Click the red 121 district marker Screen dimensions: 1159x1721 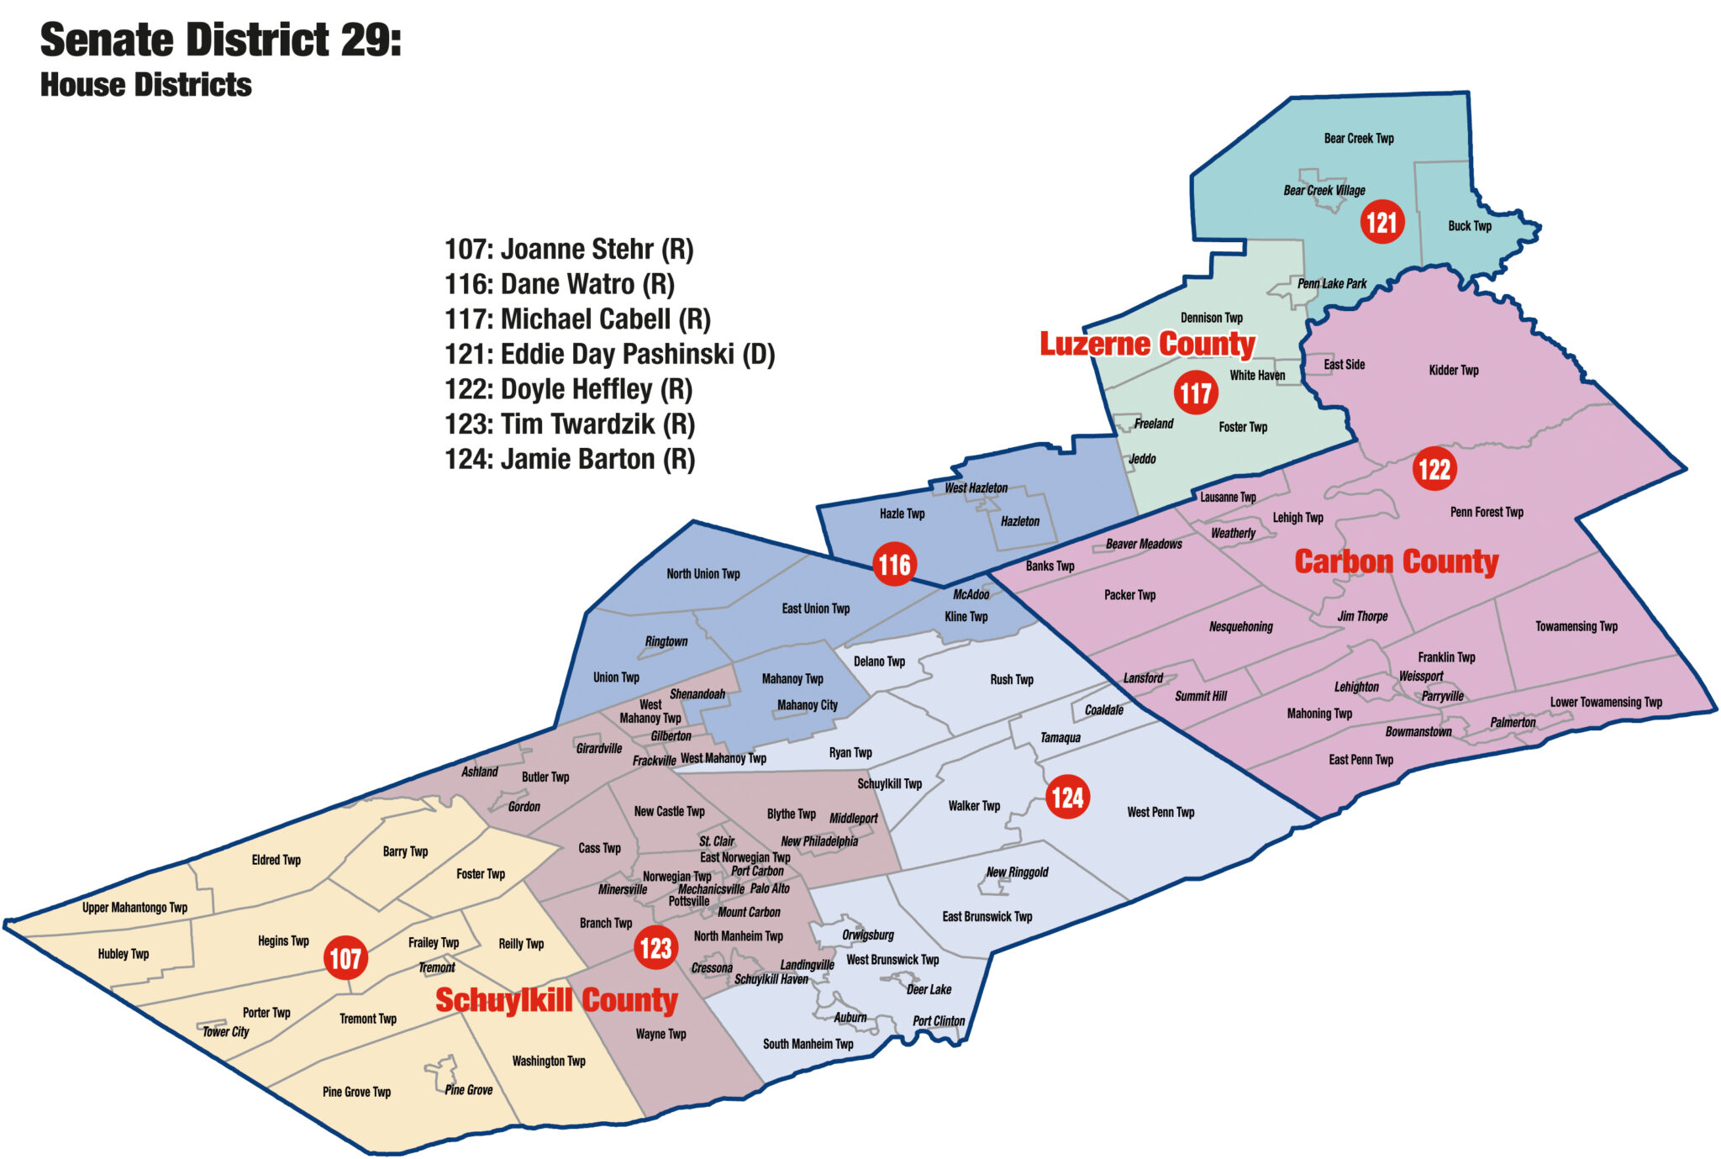click(x=1382, y=222)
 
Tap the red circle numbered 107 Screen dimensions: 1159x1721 click(x=345, y=957)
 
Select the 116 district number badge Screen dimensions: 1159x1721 click(x=894, y=564)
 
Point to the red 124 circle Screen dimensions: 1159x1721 click(x=1067, y=797)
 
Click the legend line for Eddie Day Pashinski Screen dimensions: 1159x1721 click(x=609, y=354)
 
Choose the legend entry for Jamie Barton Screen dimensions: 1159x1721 click(x=569, y=459)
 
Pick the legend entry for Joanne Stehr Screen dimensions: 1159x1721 click(x=569, y=249)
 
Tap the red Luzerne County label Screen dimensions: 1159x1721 click(x=1147, y=344)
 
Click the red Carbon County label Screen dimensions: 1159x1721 click(x=1396, y=561)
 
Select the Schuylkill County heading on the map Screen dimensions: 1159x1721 click(x=556, y=1000)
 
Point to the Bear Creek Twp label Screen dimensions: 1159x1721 click(x=1358, y=139)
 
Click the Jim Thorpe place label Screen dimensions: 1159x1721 click(x=1362, y=616)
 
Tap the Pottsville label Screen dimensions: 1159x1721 click(x=689, y=901)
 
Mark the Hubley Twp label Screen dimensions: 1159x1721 click(x=124, y=954)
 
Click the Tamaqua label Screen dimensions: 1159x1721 click(x=1060, y=737)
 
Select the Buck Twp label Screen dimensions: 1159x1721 click(x=1470, y=226)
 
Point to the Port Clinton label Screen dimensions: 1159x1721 click(x=939, y=1021)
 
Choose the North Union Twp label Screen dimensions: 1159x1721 click(x=703, y=574)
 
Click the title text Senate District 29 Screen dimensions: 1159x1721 click(x=221, y=40)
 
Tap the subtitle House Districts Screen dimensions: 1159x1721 click(x=146, y=85)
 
